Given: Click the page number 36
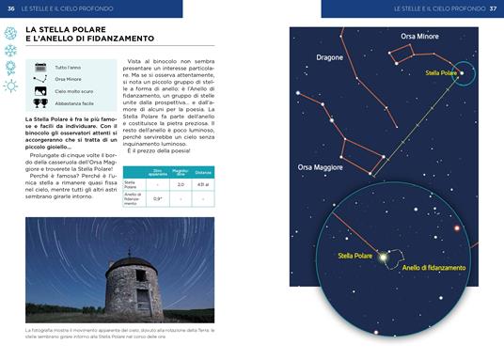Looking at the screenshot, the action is [10, 8].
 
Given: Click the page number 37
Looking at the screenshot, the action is [493, 8].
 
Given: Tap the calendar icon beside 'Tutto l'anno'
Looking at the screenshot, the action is [40, 68].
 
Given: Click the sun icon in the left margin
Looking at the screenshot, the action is [11, 86].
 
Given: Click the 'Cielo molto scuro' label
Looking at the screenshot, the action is [74, 91].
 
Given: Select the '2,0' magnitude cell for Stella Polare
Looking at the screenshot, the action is [206, 185].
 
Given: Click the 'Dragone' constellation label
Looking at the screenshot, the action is [330, 57].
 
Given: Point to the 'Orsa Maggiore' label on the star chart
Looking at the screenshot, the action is [321, 167].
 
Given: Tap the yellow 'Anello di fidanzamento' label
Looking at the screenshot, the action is [433, 268].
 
